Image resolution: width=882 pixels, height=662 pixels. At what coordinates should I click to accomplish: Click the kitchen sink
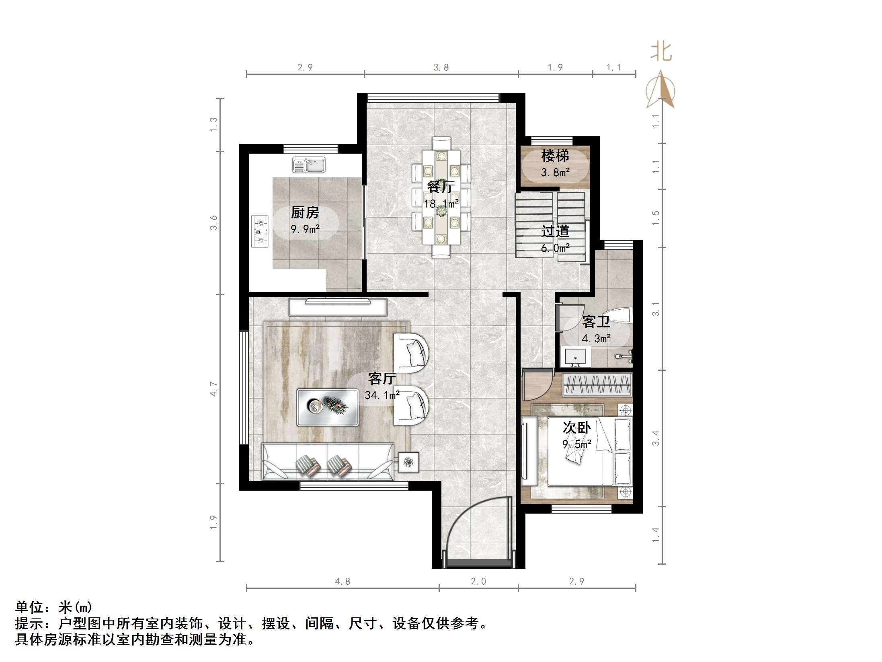click(308, 165)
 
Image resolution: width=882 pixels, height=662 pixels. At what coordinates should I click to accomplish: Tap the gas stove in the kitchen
click(260, 231)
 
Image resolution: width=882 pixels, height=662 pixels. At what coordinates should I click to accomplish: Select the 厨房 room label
click(305, 212)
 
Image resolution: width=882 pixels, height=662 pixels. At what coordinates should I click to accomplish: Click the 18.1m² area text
click(441, 204)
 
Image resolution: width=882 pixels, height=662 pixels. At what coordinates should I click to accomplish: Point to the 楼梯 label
click(555, 156)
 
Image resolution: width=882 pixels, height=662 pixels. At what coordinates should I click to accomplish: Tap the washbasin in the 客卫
click(575, 357)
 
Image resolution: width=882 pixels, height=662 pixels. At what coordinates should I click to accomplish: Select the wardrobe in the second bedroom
click(597, 384)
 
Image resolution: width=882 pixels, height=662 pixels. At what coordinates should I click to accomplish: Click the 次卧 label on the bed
click(576, 428)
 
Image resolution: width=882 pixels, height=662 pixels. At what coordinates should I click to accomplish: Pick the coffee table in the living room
click(327, 407)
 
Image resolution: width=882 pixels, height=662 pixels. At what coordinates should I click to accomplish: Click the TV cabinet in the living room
click(338, 307)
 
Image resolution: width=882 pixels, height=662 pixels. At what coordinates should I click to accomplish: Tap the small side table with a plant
click(408, 462)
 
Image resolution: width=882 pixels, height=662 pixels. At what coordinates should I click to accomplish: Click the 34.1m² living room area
click(382, 395)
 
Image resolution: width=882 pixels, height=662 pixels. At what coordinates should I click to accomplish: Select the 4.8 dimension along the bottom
click(342, 581)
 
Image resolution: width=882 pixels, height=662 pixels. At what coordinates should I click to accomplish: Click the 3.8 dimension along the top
click(441, 68)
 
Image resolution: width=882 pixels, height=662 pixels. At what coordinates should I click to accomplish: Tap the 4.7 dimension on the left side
click(213, 389)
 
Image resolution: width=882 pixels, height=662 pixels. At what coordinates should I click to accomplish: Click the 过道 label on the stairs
click(555, 231)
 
